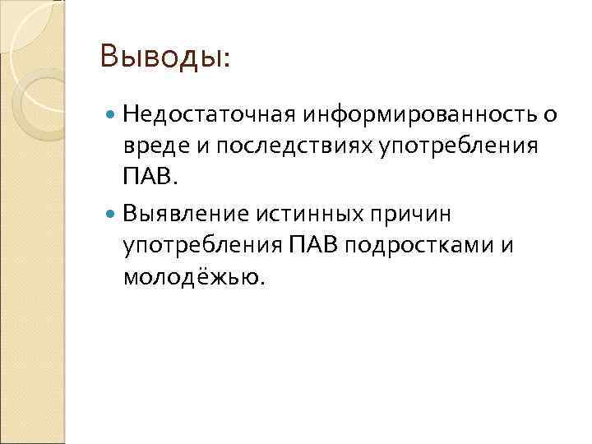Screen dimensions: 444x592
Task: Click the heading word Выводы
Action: click(161, 57)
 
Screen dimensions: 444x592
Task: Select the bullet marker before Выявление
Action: click(111, 214)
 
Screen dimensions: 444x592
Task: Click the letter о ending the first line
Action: click(551, 114)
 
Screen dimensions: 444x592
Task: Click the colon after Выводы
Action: click(227, 59)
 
